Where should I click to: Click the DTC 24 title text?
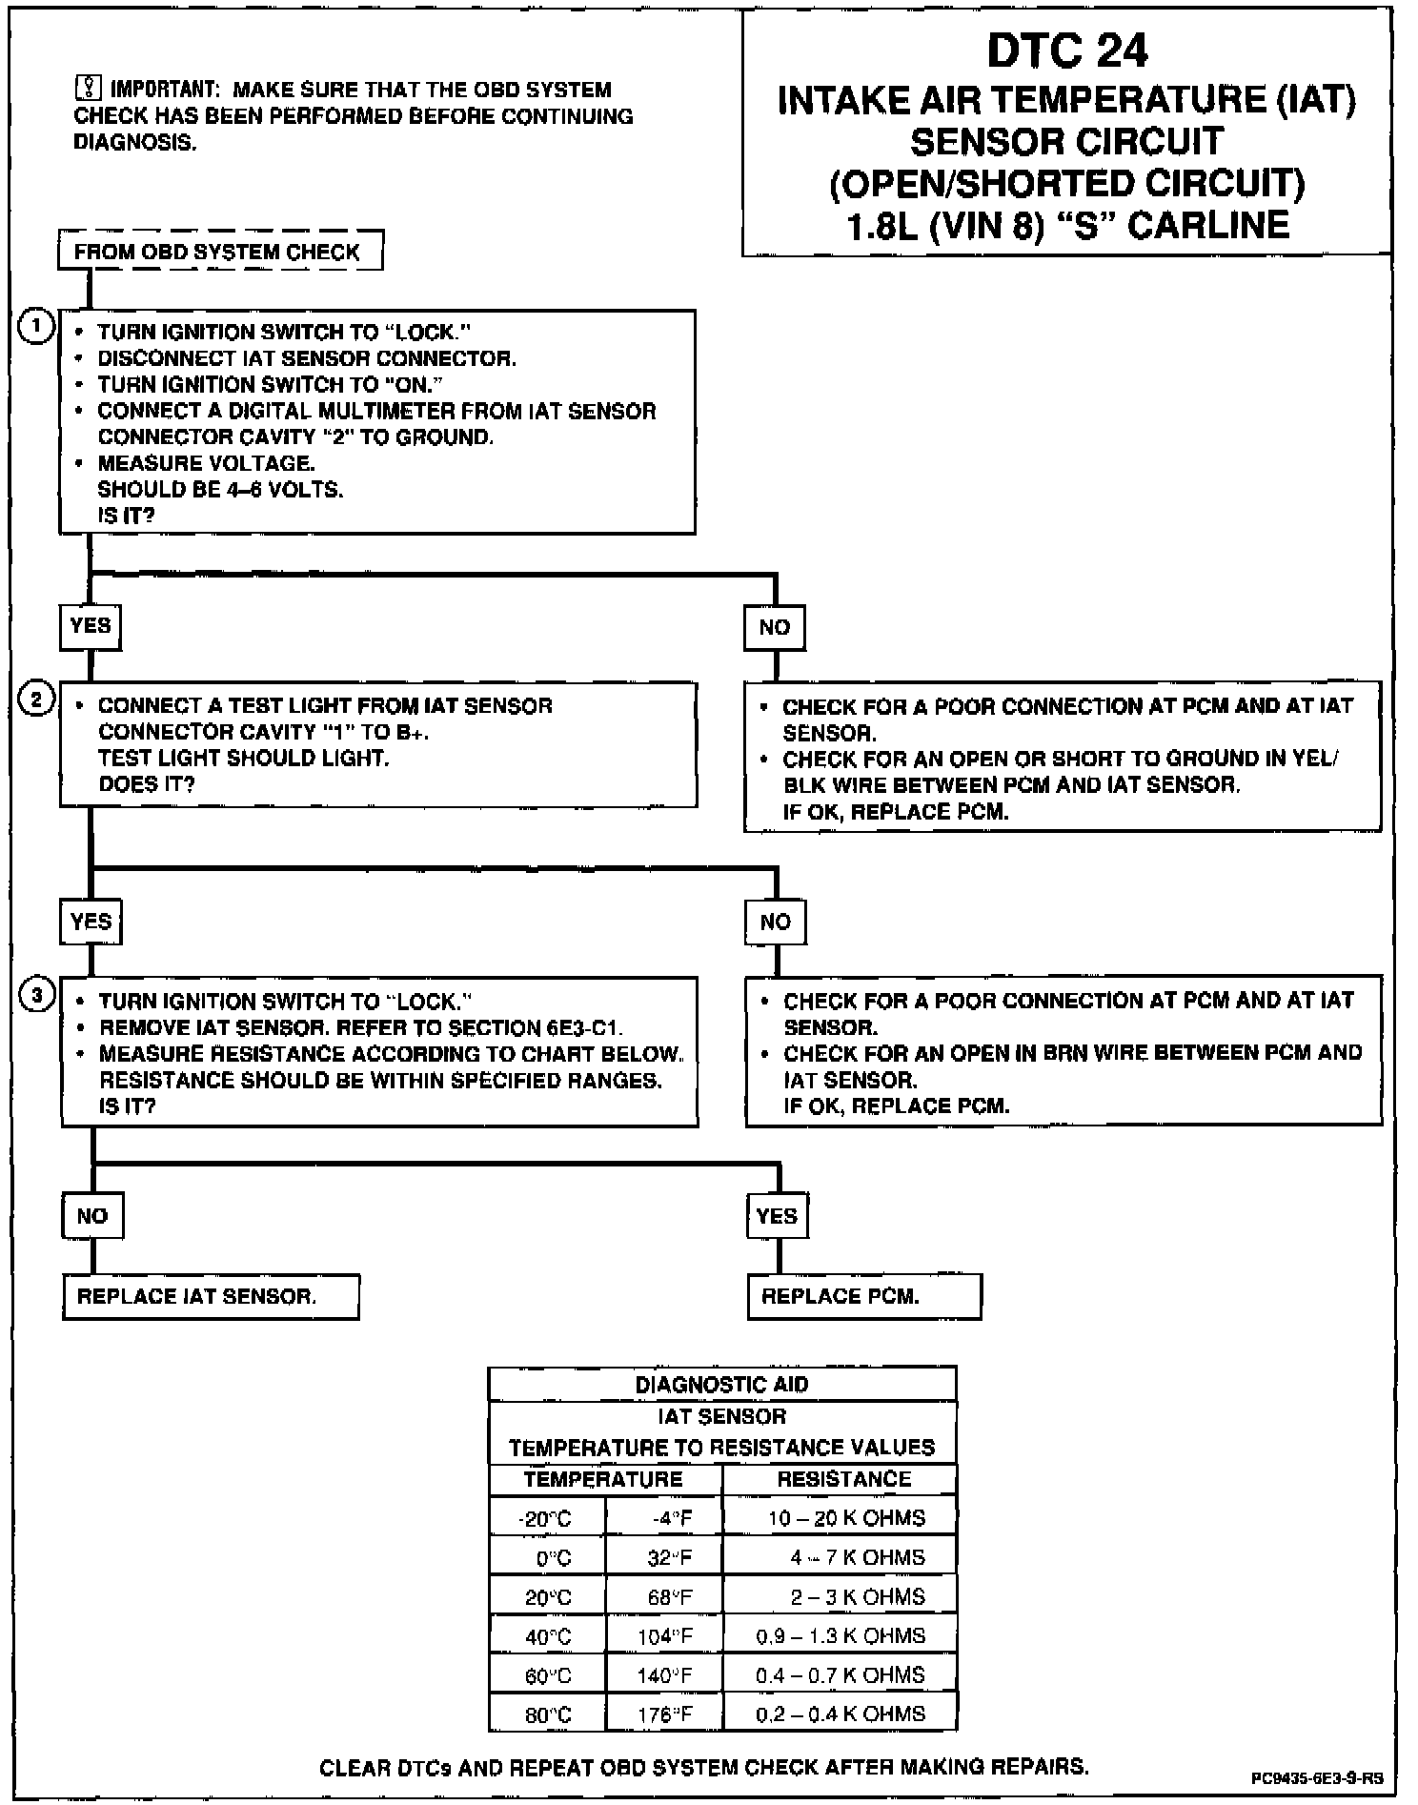[x=1066, y=51]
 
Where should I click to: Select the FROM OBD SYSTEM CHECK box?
[x=220, y=252]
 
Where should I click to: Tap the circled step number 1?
[x=36, y=328]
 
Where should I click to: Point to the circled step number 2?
[x=36, y=700]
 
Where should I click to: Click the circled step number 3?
[x=37, y=997]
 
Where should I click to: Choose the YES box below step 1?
[x=91, y=626]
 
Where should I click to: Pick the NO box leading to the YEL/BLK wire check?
[x=775, y=627]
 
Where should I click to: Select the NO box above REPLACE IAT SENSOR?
[x=92, y=1216]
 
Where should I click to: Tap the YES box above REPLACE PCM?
[x=777, y=1216]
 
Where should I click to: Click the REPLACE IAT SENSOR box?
[x=211, y=1296]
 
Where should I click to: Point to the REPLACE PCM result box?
[x=863, y=1296]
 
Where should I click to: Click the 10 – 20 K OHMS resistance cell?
[x=841, y=1517]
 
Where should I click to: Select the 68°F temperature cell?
[x=665, y=1596]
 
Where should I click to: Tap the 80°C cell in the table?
[x=547, y=1714]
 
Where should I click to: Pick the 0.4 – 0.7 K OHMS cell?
[x=841, y=1674]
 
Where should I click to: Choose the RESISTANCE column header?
[x=842, y=1479]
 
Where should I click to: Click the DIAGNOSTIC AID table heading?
[x=721, y=1385]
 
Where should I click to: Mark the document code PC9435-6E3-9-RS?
[x=1317, y=1778]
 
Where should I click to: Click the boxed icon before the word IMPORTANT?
[x=87, y=90]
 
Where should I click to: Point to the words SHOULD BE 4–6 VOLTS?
[x=220, y=490]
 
